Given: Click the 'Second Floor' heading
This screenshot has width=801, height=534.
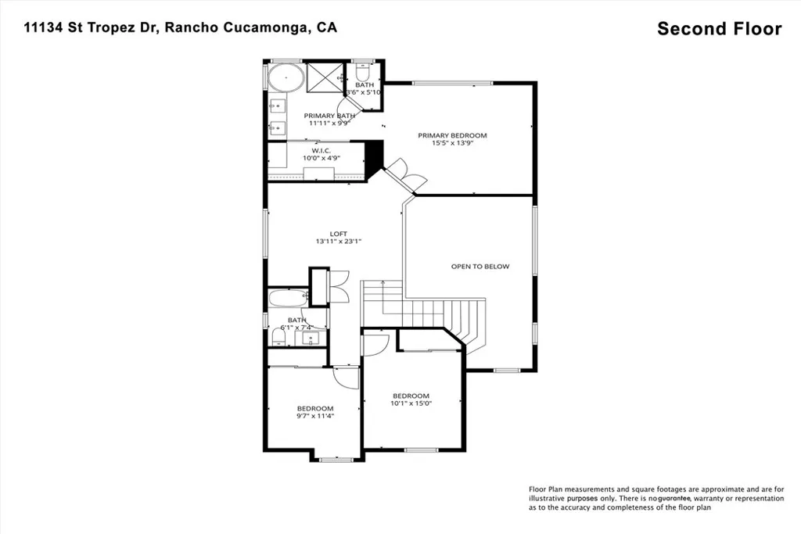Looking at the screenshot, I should click(x=719, y=29).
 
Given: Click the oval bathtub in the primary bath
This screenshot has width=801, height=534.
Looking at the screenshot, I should click(x=286, y=79).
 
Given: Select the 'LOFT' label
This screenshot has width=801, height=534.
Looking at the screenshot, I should click(x=338, y=234).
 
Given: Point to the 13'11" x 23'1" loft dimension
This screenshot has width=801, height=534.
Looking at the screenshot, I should click(x=338, y=242).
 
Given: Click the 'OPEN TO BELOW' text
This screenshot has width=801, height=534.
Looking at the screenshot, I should click(x=480, y=267).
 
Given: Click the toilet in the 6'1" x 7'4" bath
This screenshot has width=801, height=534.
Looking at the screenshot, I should click(x=278, y=336).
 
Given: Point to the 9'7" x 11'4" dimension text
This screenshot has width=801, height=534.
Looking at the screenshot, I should click(x=314, y=416).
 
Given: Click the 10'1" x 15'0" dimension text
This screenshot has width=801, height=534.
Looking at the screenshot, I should click(x=411, y=403).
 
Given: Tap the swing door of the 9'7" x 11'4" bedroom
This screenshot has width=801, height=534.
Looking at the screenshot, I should click(x=345, y=377).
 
